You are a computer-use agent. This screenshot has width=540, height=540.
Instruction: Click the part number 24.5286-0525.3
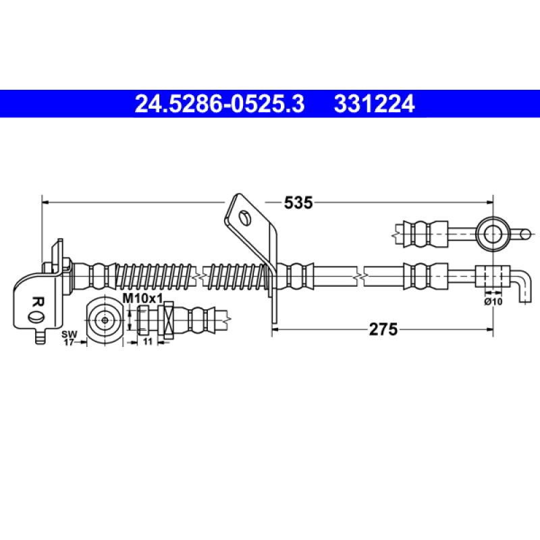pyautogui.click(x=220, y=104)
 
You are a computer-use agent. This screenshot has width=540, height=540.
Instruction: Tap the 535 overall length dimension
pyautogui.click(x=298, y=201)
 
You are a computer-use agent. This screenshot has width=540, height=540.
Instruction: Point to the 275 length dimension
pyautogui.click(x=381, y=329)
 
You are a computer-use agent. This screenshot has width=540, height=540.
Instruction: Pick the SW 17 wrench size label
pyautogui.click(x=68, y=338)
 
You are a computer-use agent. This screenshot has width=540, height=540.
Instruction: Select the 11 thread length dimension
pyautogui.click(x=147, y=343)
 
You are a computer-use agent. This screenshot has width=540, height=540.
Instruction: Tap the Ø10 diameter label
pyautogui.click(x=493, y=301)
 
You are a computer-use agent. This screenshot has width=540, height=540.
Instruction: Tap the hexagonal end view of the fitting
pyautogui.click(x=104, y=318)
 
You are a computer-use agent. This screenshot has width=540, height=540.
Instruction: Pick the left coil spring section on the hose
pyautogui.click(x=155, y=275)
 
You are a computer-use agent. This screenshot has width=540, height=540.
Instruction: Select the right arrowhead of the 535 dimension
pyautogui.click(x=487, y=201)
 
